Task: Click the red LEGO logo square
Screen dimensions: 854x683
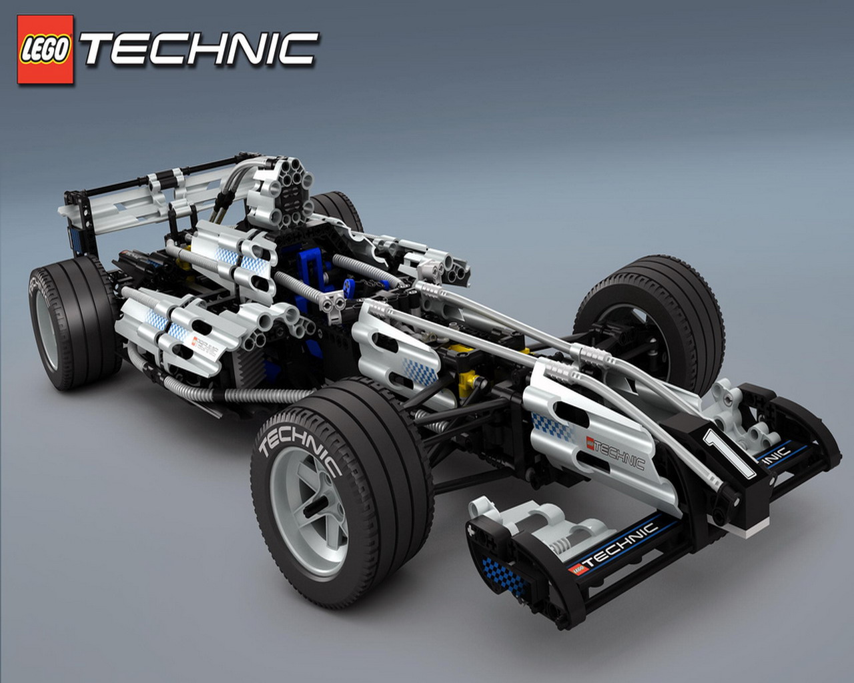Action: point(45,49)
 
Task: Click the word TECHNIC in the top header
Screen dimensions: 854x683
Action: point(199,49)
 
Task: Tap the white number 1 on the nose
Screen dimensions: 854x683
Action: point(728,453)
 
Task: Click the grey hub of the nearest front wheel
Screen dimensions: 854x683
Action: point(310,512)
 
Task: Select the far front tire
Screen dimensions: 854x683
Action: point(649,323)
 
